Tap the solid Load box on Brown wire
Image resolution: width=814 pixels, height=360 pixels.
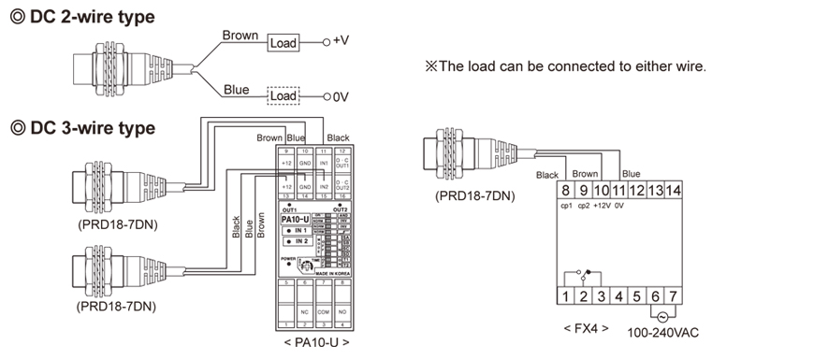[x=282, y=43]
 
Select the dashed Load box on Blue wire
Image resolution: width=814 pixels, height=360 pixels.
[x=282, y=95]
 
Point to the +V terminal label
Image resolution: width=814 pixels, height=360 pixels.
[x=340, y=42]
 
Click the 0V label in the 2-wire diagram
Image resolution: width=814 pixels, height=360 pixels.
[x=341, y=95]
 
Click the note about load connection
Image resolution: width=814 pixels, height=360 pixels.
[x=565, y=66]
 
